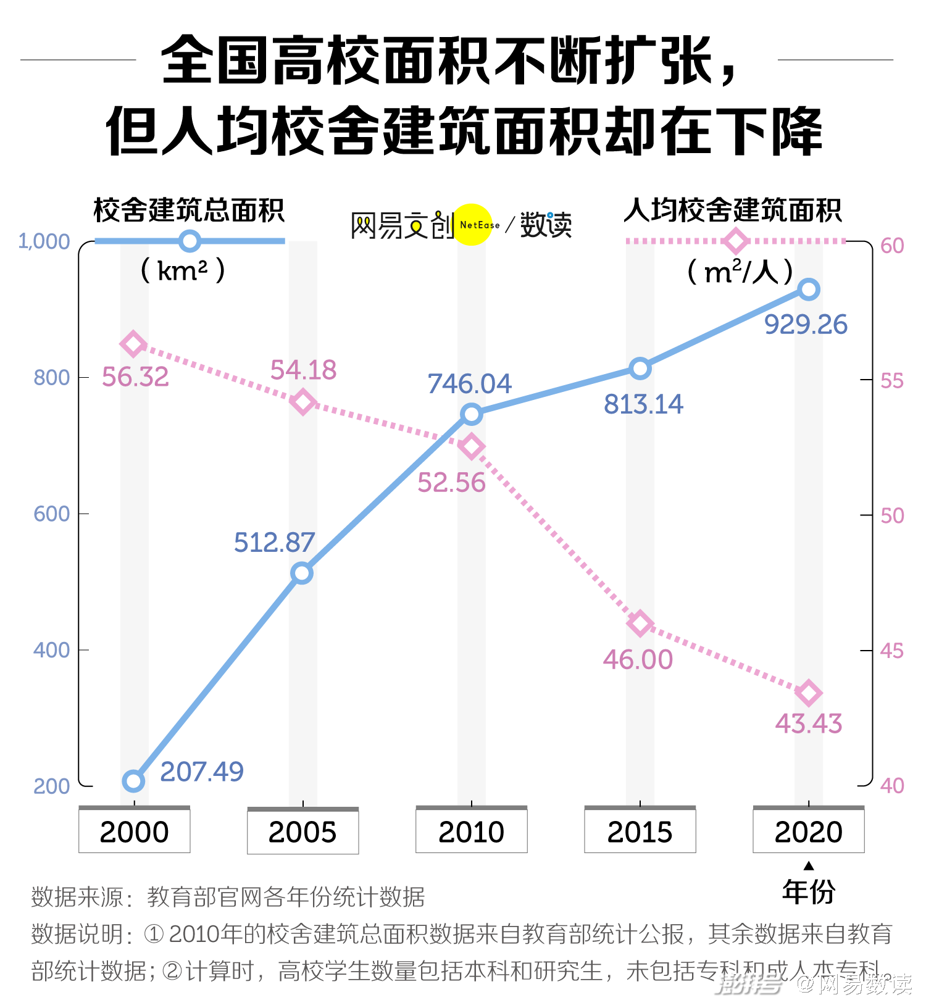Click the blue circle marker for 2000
tap(133, 781)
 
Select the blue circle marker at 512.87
tap(302, 573)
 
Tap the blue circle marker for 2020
tap(809, 290)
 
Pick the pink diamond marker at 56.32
tap(133, 344)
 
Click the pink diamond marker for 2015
tap(640, 623)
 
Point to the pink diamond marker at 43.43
tap(809, 693)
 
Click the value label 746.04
tap(470, 384)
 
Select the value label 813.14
tap(643, 404)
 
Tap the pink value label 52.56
tap(451, 483)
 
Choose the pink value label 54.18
tap(303, 370)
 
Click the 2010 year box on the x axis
tap(471, 831)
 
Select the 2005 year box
tap(302, 831)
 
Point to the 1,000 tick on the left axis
tap(44, 241)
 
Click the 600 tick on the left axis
tap(51, 514)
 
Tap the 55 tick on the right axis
tap(892, 381)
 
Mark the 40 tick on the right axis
tap(892, 786)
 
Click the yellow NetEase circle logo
tap(472, 225)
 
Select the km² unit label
tap(183, 270)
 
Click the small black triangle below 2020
tap(809, 866)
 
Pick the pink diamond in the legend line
tap(735, 241)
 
